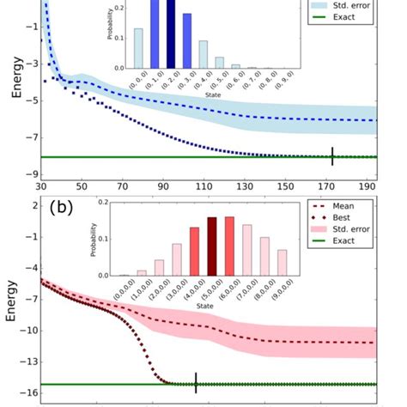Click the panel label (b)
click(63, 209)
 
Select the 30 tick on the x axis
click(40, 186)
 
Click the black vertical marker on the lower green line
click(196, 383)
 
